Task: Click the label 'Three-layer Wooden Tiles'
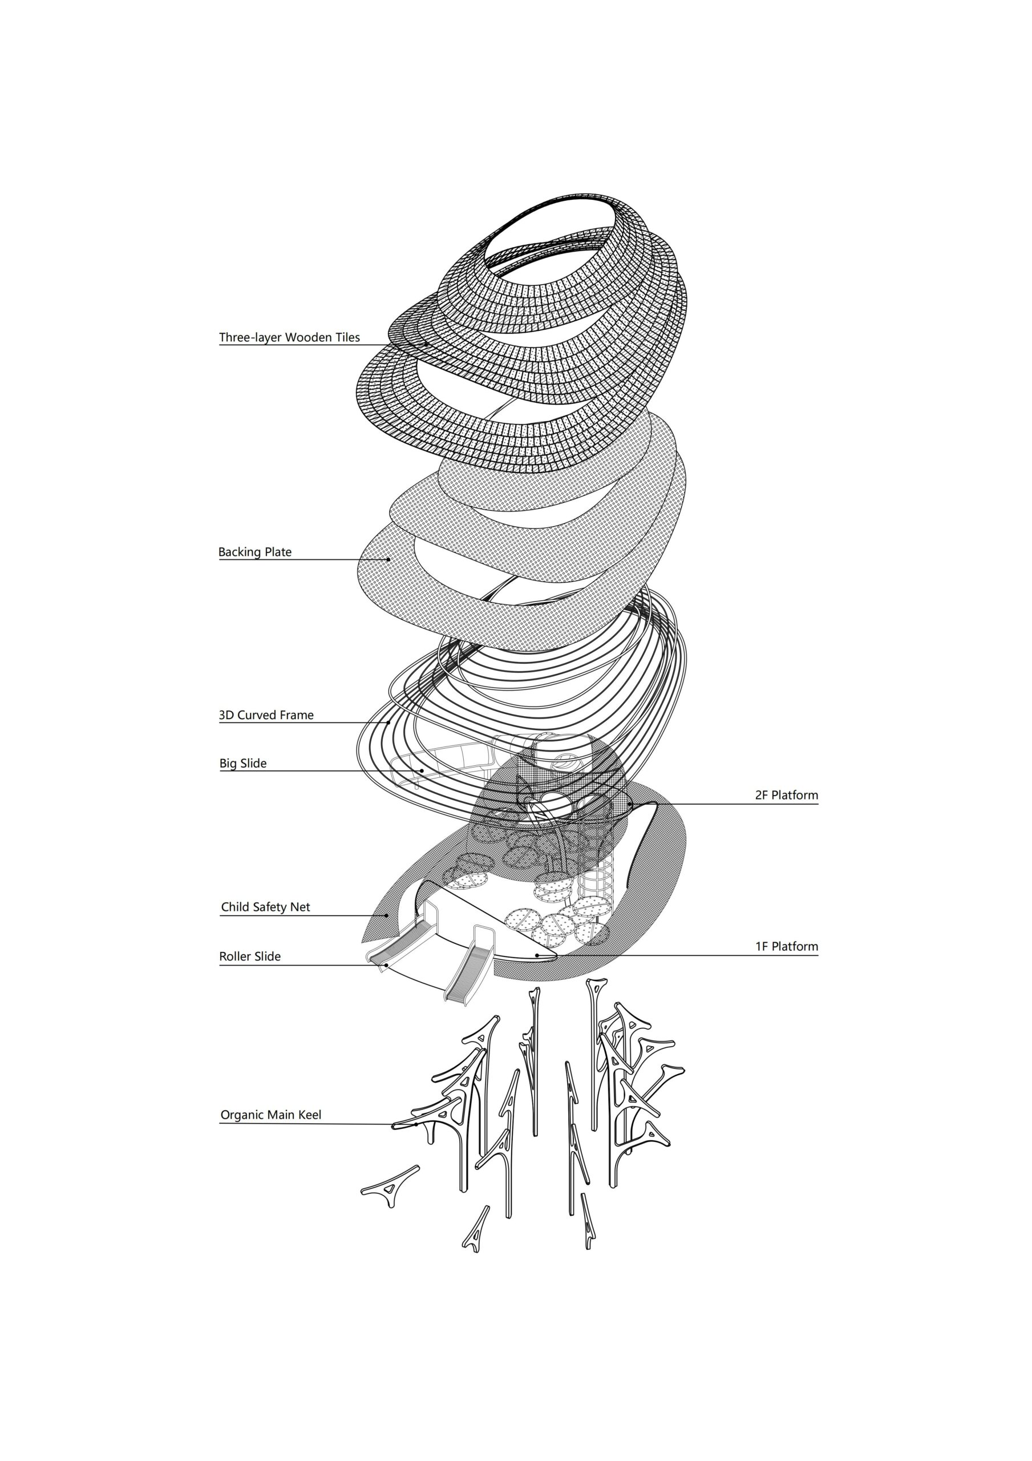[289, 337]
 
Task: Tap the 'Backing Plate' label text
[254, 552]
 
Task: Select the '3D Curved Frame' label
[266, 715]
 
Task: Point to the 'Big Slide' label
[243, 763]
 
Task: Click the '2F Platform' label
[786, 795]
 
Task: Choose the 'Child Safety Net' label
[265, 907]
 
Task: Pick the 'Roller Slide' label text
[249, 956]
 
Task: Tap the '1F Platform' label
[786, 946]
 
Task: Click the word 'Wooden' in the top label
[309, 337]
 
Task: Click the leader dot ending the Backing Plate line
[388, 559]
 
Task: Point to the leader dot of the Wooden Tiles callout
[427, 344]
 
